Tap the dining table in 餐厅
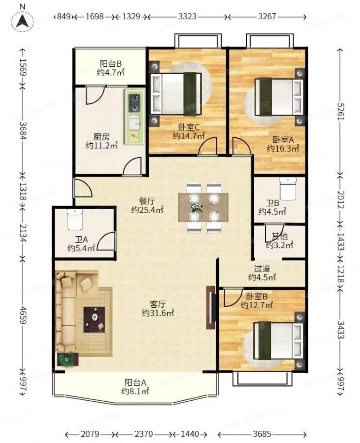[203, 207]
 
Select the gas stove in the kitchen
[134, 102]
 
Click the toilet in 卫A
[75, 218]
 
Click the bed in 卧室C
[177, 93]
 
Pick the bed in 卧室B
[279, 341]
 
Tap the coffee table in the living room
[94, 319]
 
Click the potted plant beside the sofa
[68, 359]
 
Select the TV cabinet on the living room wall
[211, 307]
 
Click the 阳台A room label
[135, 382]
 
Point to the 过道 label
[262, 268]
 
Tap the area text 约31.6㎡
[158, 313]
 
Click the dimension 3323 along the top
[188, 16]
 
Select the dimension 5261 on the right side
[341, 111]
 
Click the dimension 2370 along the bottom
[143, 434]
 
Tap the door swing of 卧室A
[241, 146]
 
